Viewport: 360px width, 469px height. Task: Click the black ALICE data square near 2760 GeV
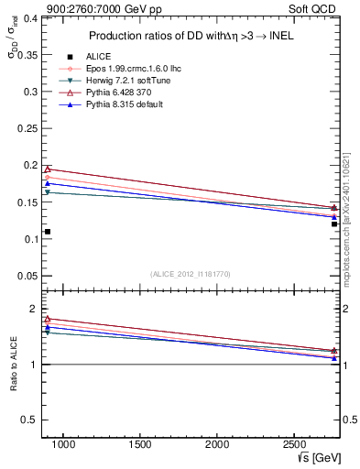coord(334,224)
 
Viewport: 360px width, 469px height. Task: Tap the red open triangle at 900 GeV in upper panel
coord(48,169)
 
